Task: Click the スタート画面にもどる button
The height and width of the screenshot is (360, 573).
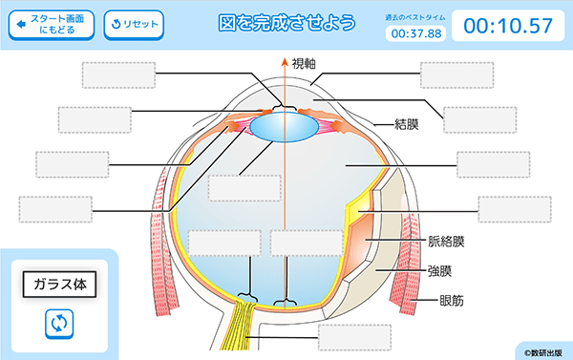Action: click(x=52, y=25)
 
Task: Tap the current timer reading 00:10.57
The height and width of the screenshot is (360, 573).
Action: click(x=507, y=26)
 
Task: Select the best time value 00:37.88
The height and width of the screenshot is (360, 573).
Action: click(x=416, y=33)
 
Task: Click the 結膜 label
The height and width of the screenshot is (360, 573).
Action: click(x=410, y=122)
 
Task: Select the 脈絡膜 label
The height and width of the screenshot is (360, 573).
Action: click(x=445, y=242)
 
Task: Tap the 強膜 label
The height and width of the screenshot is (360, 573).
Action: click(x=439, y=271)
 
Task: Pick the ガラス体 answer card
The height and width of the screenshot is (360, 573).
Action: click(x=59, y=285)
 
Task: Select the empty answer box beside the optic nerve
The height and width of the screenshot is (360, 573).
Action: click(x=354, y=337)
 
